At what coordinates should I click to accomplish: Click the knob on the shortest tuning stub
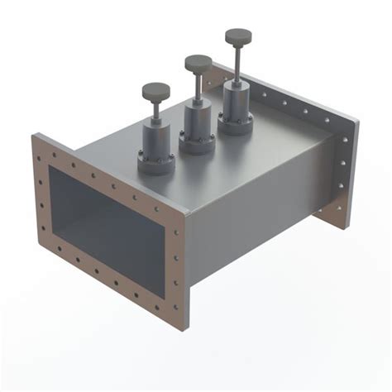[x=155, y=90]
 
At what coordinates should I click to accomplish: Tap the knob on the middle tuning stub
[x=198, y=63]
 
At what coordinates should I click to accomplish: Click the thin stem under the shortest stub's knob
[x=155, y=108]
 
